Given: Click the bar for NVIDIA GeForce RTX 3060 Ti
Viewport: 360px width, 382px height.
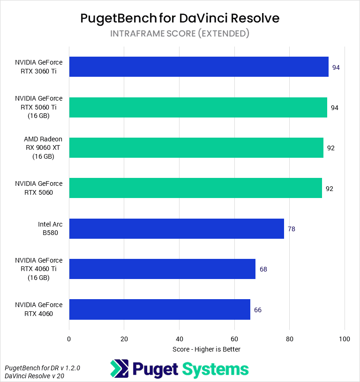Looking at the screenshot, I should coord(199,66).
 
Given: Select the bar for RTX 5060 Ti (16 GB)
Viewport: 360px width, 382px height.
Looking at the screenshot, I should coord(198,107).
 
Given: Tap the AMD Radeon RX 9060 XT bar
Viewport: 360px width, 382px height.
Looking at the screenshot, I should coord(196,147).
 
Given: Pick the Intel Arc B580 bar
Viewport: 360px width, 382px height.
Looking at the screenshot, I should coord(176,228).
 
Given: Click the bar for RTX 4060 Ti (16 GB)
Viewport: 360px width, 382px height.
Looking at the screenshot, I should coord(162,269).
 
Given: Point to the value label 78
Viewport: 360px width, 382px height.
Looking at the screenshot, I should coord(292,229).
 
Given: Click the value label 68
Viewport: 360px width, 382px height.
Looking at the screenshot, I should coord(263,269).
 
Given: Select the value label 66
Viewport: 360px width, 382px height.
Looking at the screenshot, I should coord(258,310).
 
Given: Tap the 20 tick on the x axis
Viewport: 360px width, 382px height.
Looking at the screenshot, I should coord(124,338).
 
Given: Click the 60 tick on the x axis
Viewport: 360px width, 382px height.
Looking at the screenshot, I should coord(234,338).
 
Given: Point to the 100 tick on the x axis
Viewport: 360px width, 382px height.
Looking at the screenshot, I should coord(345,338).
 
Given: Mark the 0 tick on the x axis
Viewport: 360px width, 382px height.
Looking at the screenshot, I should coord(69,338).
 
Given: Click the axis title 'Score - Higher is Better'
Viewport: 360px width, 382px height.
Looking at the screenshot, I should coord(206,349).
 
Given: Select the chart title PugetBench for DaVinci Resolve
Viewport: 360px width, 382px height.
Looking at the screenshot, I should coord(180,18).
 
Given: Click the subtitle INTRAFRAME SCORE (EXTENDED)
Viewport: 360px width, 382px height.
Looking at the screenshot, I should coord(180,34).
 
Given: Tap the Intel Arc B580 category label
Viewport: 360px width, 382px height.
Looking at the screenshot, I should coord(50,228).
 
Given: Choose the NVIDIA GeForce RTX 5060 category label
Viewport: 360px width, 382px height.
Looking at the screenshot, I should coord(38,188).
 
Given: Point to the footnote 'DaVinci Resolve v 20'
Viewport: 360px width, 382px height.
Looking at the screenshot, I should coord(35,376).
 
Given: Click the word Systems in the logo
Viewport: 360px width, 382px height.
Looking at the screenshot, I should coord(215,369).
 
